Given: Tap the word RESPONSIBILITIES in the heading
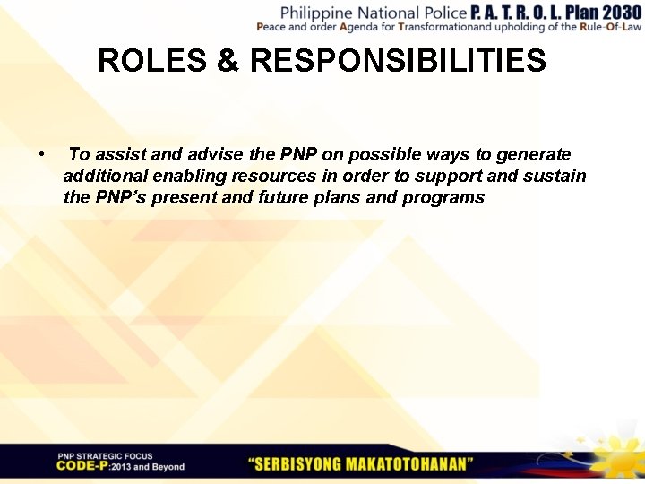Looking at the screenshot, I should click(399, 61).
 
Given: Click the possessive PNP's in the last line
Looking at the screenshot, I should click(122, 197).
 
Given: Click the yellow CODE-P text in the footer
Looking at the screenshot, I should click(82, 466).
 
